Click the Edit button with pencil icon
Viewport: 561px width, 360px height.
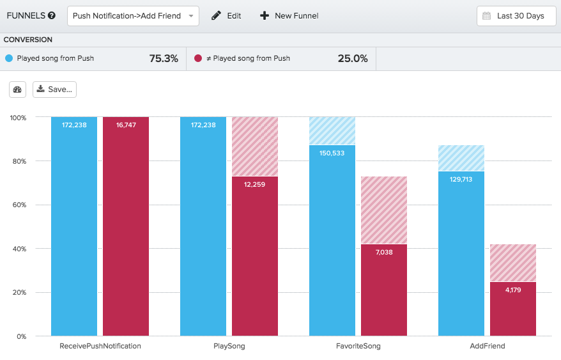[226, 16]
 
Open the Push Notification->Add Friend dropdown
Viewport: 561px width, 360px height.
[133, 16]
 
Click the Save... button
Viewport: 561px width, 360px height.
[55, 90]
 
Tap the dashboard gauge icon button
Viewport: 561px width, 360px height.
[17, 90]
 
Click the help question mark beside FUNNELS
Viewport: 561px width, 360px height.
[51, 16]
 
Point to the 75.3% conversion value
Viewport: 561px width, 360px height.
[164, 58]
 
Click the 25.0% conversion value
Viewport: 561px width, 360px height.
[353, 58]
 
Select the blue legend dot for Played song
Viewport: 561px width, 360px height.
[9, 58]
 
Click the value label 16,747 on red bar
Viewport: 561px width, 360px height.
[126, 125]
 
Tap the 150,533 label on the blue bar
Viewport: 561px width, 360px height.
[332, 153]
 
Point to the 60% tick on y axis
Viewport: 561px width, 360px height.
[18, 205]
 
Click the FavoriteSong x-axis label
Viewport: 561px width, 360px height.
[358, 346]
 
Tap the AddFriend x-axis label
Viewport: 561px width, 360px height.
[487, 346]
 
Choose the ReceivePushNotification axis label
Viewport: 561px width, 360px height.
[100, 346]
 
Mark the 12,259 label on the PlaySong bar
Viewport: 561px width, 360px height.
[255, 184]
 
